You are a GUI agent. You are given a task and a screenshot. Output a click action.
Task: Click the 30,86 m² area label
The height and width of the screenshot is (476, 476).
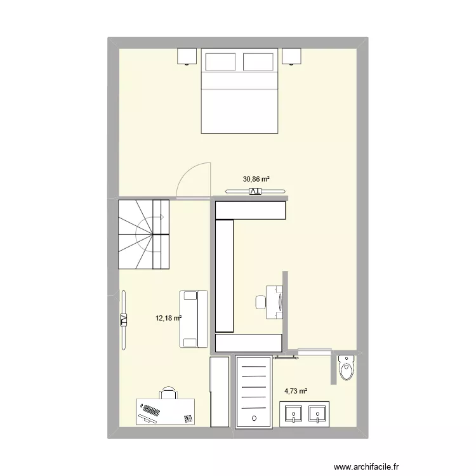[256, 179]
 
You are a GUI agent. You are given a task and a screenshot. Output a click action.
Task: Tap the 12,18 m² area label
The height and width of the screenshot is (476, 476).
[169, 318]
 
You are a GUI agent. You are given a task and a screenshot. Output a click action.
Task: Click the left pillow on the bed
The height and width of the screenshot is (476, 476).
[221, 61]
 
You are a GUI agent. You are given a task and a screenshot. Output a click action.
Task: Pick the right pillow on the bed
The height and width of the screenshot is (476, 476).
[258, 61]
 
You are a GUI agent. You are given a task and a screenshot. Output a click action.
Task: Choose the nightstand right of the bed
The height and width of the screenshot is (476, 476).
[291, 56]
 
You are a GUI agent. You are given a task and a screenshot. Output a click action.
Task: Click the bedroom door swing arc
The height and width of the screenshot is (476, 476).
[189, 179]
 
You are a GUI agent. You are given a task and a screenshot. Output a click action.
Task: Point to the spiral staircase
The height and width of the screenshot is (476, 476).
[144, 234]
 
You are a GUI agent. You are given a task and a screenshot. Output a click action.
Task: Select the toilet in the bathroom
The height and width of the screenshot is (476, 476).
[347, 367]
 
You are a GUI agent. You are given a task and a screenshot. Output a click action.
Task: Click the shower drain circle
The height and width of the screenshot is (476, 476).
[253, 418]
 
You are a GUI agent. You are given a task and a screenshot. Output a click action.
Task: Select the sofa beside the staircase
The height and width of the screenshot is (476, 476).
[194, 319]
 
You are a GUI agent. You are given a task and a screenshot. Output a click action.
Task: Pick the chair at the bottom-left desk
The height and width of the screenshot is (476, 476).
[168, 393]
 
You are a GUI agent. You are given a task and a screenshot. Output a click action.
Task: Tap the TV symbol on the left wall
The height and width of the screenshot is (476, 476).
[123, 320]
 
